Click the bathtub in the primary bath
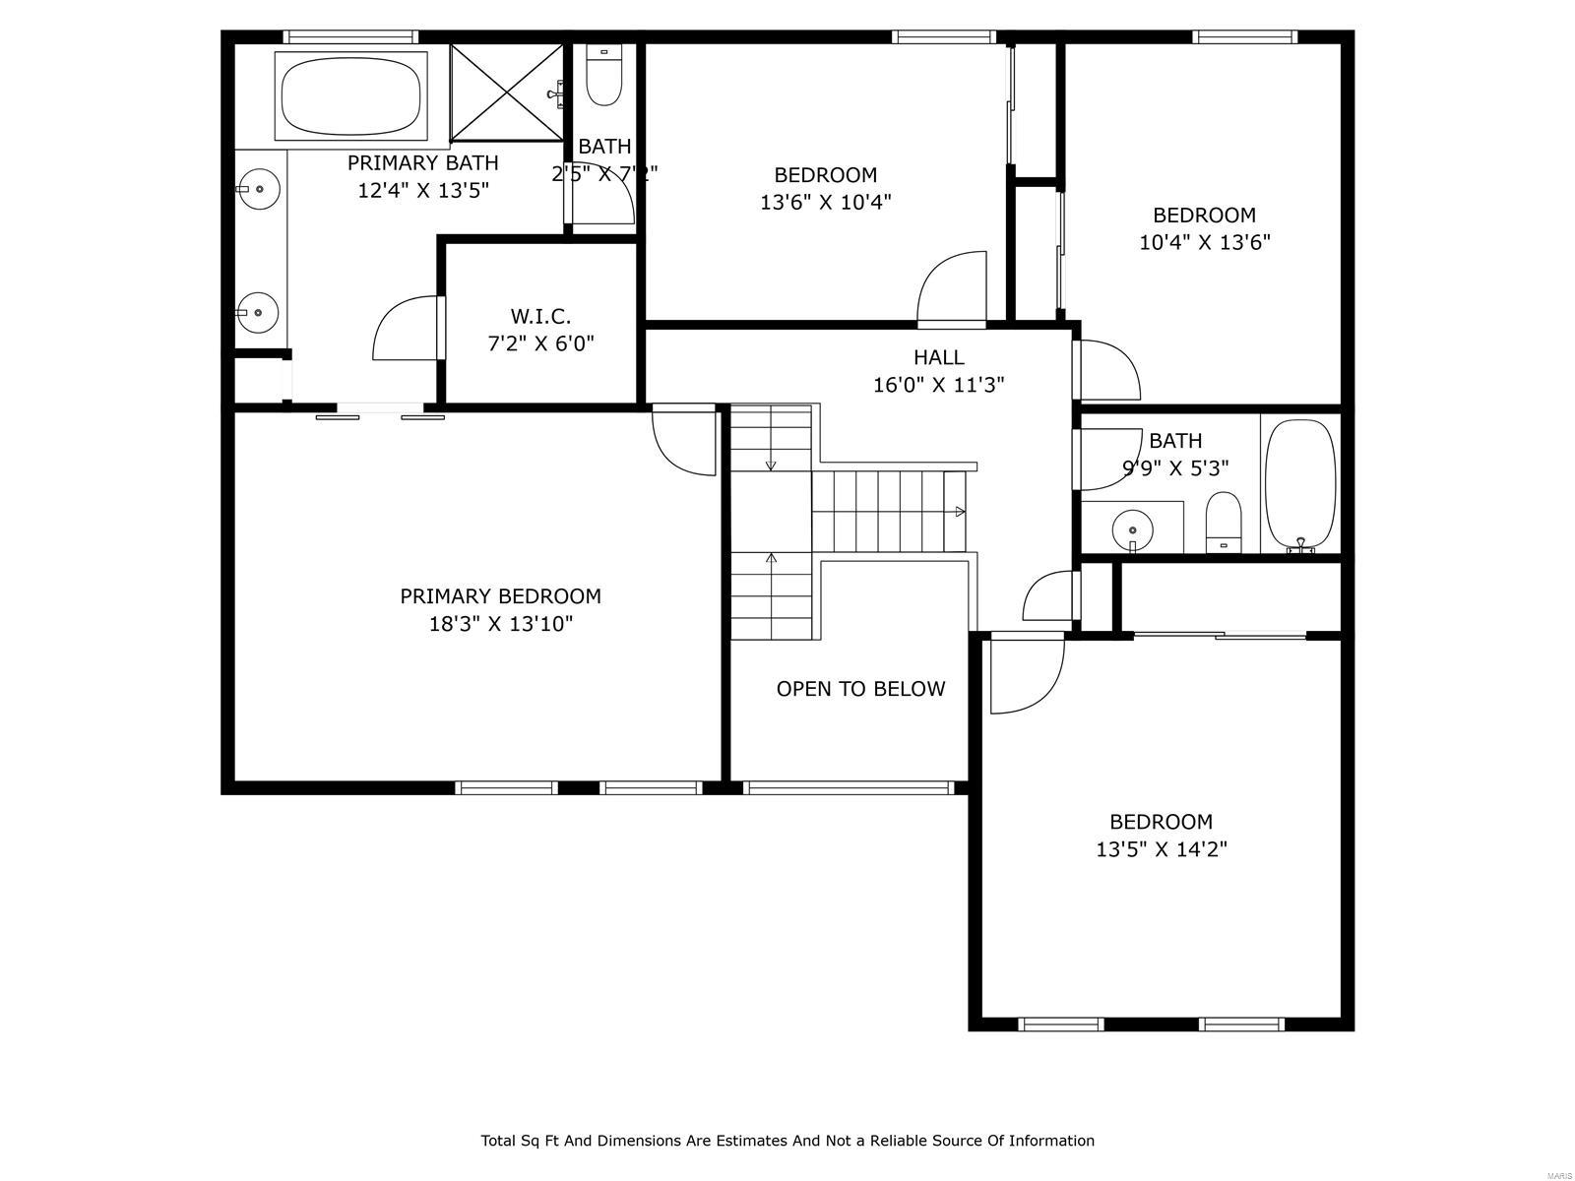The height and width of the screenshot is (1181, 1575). (x=350, y=94)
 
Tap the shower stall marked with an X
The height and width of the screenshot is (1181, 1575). (x=507, y=93)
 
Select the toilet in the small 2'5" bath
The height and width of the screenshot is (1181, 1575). (x=603, y=77)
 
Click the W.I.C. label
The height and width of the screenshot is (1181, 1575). (x=540, y=316)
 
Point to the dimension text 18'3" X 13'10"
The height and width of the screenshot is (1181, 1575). (x=500, y=624)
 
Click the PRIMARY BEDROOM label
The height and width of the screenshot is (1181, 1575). (x=500, y=596)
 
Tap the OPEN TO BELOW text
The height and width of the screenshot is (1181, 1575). (x=860, y=689)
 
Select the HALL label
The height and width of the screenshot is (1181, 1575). (x=938, y=357)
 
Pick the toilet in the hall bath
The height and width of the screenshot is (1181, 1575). (x=1224, y=522)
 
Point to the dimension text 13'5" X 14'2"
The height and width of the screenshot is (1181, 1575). (x=1162, y=849)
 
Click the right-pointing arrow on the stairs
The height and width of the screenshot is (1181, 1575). (x=960, y=512)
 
